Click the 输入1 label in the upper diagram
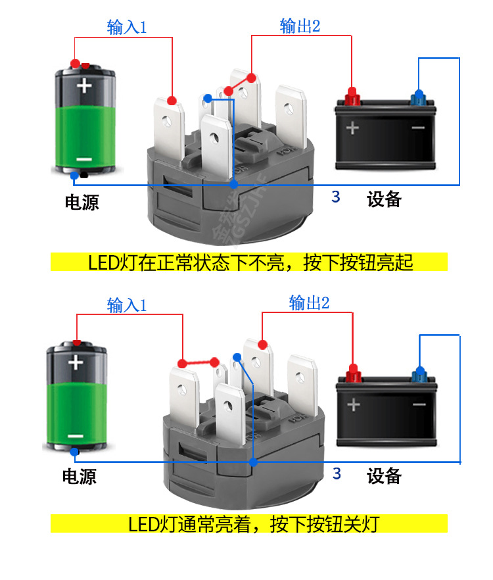[x=126, y=28]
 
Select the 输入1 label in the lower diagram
[x=126, y=306]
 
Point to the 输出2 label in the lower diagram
[x=309, y=303]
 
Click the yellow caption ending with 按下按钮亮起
[x=249, y=262]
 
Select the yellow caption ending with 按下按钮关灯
[x=249, y=524]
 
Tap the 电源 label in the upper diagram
[x=82, y=202]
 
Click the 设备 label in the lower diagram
[x=384, y=475]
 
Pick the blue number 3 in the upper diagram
[x=336, y=197]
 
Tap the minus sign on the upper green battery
[x=83, y=159]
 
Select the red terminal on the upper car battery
[x=352, y=97]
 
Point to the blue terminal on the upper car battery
[x=417, y=97]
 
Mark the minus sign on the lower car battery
[x=419, y=404]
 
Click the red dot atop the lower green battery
[x=77, y=343]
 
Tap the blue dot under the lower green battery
[x=76, y=452]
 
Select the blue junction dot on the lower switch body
[x=252, y=462]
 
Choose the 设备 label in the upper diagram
[x=384, y=199]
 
